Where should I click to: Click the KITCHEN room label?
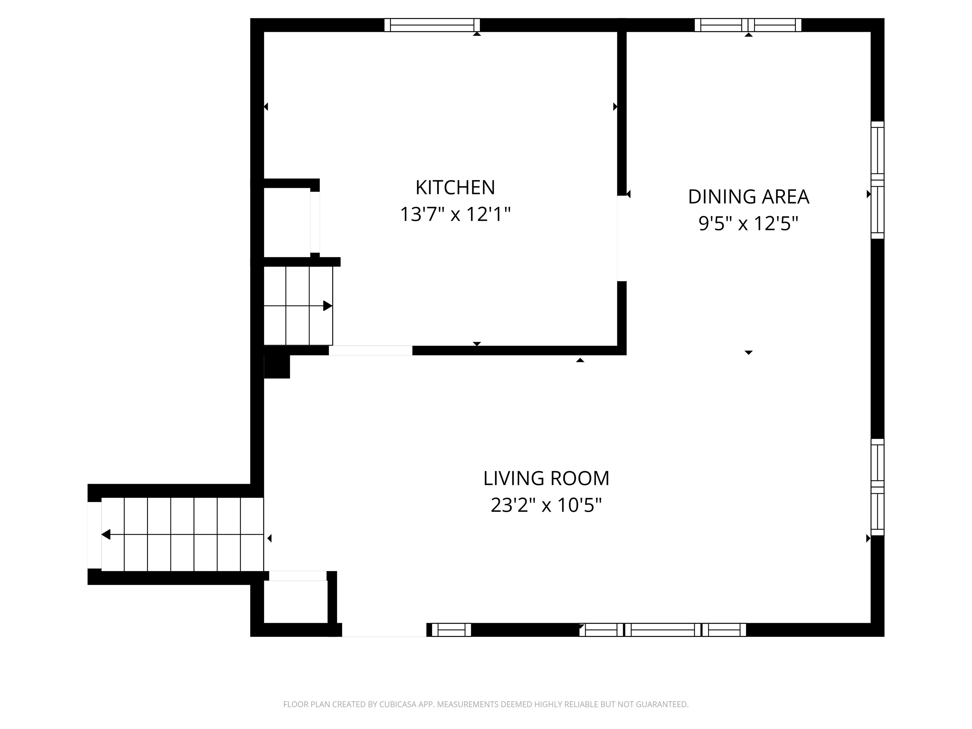(x=455, y=188)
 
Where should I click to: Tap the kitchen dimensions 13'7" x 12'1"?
(x=455, y=215)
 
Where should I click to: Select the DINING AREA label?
(x=748, y=197)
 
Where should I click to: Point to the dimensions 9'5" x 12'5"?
(x=748, y=224)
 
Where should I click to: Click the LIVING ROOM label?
(x=546, y=478)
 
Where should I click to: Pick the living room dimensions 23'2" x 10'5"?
(x=546, y=505)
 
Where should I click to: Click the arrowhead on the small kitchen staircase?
(x=327, y=306)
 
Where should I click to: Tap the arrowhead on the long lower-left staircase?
(x=106, y=534)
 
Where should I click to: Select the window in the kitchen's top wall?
(x=432, y=25)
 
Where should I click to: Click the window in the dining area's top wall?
(x=748, y=25)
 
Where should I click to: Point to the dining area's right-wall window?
(x=877, y=180)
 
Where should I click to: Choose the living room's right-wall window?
(x=877, y=487)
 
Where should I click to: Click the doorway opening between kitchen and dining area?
(x=622, y=238)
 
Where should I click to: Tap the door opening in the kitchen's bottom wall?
(x=371, y=350)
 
